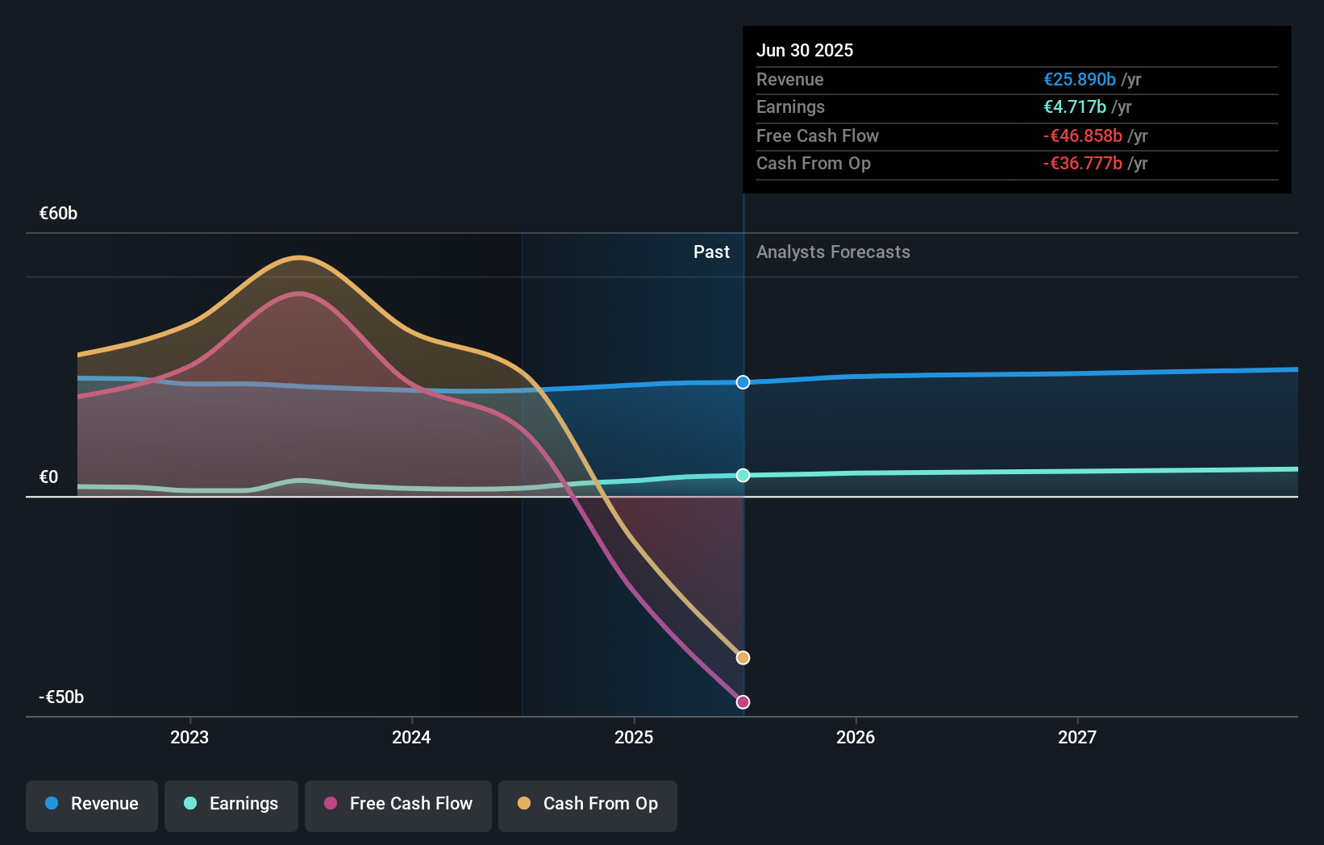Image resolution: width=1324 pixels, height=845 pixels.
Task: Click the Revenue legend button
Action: click(x=92, y=804)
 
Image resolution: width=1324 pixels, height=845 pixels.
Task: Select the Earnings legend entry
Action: click(x=231, y=804)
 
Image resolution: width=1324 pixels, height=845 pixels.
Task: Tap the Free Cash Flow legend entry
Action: click(x=398, y=804)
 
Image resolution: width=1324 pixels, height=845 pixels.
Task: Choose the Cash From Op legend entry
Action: click(x=588, y=804)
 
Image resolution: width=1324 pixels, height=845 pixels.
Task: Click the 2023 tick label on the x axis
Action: click(x=189, y=737)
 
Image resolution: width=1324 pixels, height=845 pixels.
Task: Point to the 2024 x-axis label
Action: click(x=411, y=737)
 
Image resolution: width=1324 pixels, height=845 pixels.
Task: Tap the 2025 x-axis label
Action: click(x=634, y=737)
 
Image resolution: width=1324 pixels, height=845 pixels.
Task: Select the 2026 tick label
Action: click(x=856, y=737)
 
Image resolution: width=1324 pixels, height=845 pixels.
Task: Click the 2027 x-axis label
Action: click(x=1077, y=737)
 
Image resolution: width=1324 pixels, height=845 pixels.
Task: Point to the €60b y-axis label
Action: click(x=59, y=214)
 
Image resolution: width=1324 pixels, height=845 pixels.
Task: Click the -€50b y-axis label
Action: click(x=61, y=697)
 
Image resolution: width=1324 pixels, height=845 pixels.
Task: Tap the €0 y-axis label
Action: click(x=49, y=477)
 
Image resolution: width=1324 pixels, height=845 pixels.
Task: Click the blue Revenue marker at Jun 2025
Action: click(x=743, y=382)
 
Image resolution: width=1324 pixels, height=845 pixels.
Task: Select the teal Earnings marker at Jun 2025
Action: click(x=743, y=476)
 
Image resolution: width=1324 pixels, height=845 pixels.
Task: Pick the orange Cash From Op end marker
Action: click(x=743, y=658)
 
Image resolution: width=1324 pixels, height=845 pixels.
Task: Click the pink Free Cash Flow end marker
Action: click(x=743, y=702)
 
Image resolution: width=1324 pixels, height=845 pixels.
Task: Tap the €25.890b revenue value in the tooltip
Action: click(x=1080, y=80)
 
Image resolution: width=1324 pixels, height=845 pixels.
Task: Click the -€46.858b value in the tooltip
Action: click(x=1082, y=136)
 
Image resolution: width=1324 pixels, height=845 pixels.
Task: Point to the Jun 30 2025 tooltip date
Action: click(x=805, y=50)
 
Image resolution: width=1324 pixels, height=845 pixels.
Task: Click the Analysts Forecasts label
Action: click(x=833, y=252)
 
